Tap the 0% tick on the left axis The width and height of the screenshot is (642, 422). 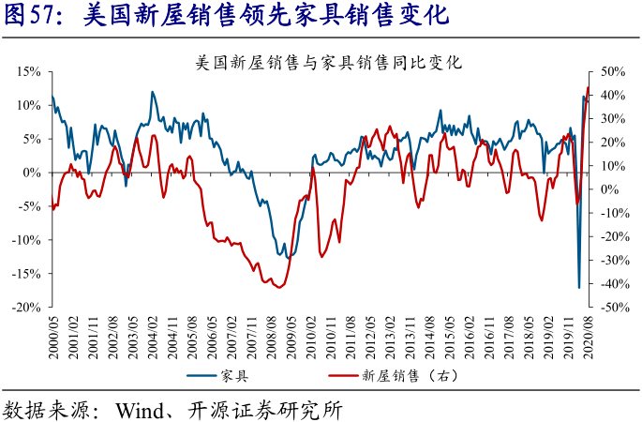30,173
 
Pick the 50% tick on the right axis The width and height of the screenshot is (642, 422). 611,71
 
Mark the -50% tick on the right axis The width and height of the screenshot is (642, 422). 613,308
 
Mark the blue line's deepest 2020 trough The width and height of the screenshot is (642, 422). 579,288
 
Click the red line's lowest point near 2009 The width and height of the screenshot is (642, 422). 278,287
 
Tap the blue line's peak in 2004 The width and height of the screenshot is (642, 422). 152,92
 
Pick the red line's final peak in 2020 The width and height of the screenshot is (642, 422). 588,87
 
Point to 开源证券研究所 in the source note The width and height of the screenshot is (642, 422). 271,410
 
